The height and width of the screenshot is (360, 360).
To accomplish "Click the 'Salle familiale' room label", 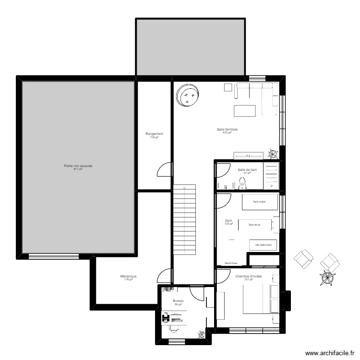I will tap(228, 129).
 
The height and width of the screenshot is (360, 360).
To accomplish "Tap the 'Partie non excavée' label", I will tap(78, 166).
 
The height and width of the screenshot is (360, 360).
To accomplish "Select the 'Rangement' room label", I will tap(154, 134).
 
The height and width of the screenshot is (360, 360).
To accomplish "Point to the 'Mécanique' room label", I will tap(128, 276).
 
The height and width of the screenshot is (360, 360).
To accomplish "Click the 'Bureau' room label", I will tap(179, 301).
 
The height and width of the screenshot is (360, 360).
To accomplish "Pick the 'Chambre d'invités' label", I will tap(249, 276).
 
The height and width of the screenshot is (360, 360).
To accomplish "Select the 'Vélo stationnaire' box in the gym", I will tap(263, 245).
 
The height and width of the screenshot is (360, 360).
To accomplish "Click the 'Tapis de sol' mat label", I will tap(254, 224).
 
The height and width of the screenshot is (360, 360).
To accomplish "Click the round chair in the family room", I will tap(188, 96).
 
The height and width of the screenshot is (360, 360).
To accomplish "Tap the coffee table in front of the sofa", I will tap(245, 110).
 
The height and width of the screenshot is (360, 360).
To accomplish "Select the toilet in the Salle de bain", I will tap(243, 182).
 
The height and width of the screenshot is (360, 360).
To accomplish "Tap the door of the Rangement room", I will tap(165, 169).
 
